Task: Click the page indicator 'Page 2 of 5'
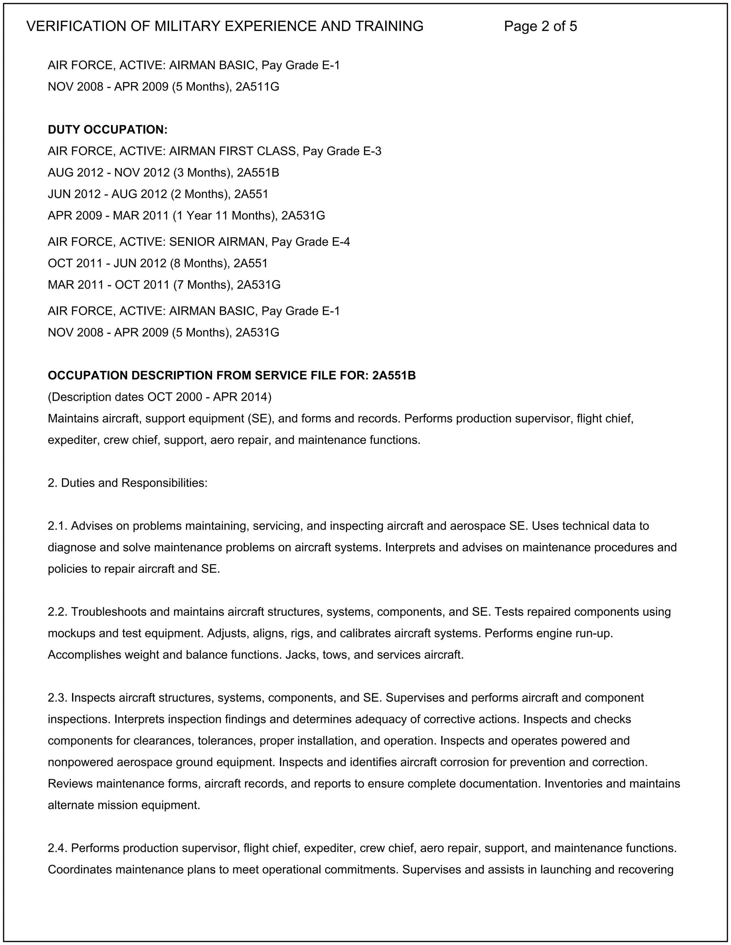coord(540,26)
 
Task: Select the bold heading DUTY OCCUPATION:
coord(107,130)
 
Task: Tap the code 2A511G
coord(257,87)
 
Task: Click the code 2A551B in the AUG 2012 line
coord(258,173)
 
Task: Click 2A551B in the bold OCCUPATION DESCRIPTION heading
coord(394,376)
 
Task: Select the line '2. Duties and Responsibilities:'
coord(128,483)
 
